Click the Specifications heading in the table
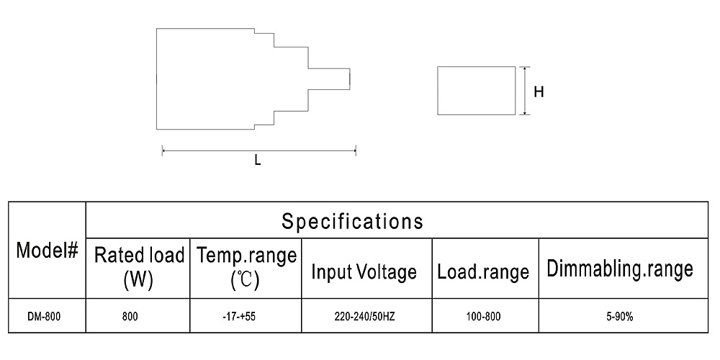pos(352,221)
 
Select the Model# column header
pos(48,251)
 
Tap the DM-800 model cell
pos(43,316)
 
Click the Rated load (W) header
pos(139,267)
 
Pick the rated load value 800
pos(130,316)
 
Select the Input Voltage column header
pos(364,271)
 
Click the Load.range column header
pos(482,271)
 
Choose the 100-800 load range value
pos(485,316)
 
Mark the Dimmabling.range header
pos(620,269)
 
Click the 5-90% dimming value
pos(619,316)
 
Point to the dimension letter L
pos(258,161)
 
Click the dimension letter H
pos(539,92)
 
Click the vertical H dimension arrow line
pos(524,91)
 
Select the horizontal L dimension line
pos(259,150)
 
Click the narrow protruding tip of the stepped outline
pos(349,78)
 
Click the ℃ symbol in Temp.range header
pos(246,280)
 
